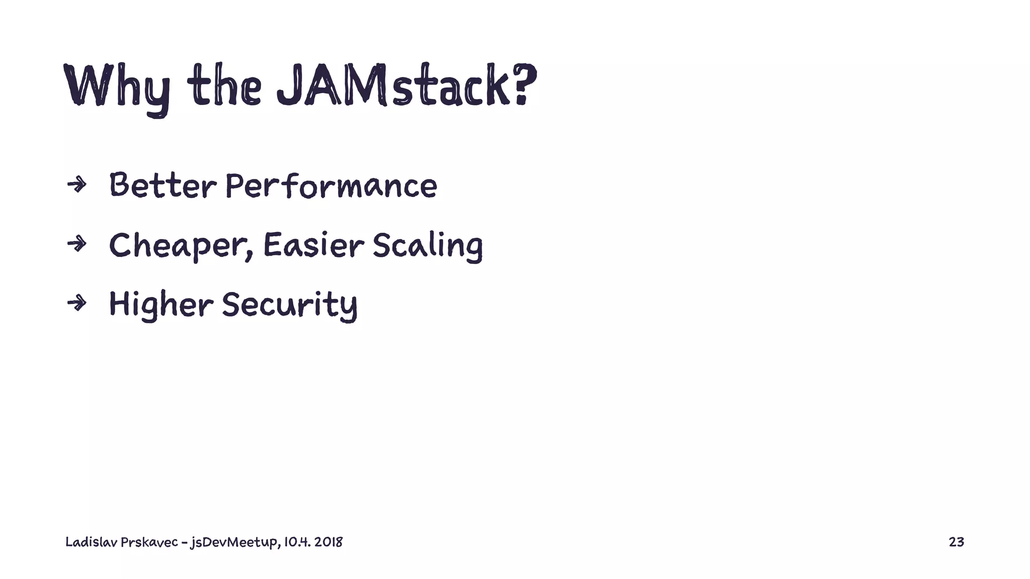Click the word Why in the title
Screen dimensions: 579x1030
(117, 86)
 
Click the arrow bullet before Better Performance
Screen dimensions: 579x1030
(76, 185)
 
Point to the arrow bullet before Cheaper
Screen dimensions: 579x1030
(76, 244)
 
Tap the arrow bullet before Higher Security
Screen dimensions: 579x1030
(76, 303)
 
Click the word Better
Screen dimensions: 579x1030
(162, 185)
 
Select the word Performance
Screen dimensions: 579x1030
(331, 185)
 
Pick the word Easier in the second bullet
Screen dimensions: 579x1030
(313, 245)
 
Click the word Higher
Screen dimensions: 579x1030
(161, 305)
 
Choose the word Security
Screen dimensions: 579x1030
(290, 305)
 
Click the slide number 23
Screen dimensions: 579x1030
(956, 542)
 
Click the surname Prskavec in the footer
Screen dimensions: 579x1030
(149, 542)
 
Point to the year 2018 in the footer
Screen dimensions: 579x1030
(328, 542)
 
